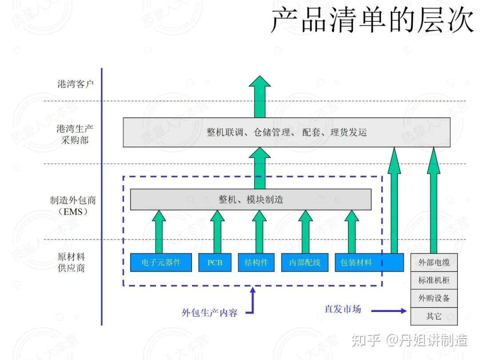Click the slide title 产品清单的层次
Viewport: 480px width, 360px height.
pos(372,20)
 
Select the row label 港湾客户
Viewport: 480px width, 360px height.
pos(75,84)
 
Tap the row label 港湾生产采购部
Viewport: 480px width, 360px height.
pos(75,134)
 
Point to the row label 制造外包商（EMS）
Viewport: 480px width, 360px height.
pos(73,206)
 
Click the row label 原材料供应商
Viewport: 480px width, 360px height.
pos(71,262)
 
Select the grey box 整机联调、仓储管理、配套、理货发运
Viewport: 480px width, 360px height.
pos(287,132)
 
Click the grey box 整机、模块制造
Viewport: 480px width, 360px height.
pos(251,200)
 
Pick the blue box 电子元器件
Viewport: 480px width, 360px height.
pos(161,262)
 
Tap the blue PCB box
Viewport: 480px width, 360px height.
pos(215,262)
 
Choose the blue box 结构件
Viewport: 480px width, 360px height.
pos(256,262)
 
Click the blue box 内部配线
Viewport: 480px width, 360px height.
pos(305,262)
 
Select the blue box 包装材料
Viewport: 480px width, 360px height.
pos(369,262)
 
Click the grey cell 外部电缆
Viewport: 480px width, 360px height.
pos(434,262)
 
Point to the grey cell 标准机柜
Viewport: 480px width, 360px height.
pos(434,280)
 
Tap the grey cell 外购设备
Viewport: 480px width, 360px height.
pos(434,299)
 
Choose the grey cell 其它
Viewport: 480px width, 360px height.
pos(434,316)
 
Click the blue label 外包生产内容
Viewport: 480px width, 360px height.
pos(210,312)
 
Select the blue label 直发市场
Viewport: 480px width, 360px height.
pos(343,309)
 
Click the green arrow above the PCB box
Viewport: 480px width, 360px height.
pos(217,232)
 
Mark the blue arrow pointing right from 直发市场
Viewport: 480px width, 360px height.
pos(389,311)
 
